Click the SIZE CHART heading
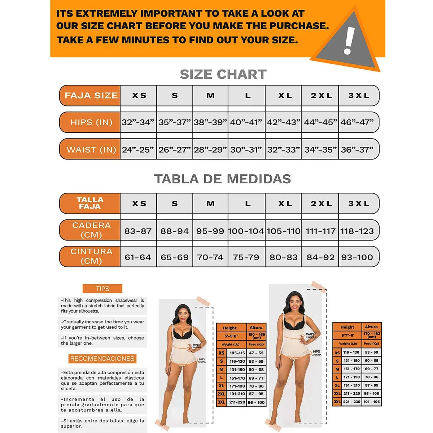223,74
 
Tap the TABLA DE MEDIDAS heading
223,179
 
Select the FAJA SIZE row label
91,96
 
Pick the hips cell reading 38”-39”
210,122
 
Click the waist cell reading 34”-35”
320,149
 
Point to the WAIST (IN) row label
91,149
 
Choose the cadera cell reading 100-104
246,231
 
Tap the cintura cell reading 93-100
357,257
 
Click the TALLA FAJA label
90,203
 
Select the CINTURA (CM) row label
91,256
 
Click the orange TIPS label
102,289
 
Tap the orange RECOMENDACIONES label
102,359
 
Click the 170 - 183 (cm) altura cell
372,335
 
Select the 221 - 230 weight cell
351,402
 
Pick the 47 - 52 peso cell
256,353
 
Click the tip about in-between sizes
102,340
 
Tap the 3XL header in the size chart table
359,96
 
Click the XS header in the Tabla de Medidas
139,204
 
